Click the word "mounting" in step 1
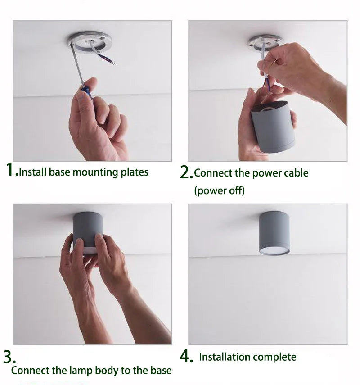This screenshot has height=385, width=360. pyautogui.click(x=95, y=172)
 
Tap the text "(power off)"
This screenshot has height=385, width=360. pyautogui.click(x=220, y=190)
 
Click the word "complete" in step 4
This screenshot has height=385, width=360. pyautogui.click(x=274, y=357)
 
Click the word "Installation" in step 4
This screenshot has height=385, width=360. pyautogui.click(x=225, y=357)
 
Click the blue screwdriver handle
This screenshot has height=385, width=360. pyautogui.click(x=86, y=91)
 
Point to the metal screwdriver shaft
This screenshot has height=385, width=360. pyautogui.click(x=77, y=66)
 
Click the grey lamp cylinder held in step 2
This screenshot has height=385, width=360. pyautogui.click(x=273, y=127)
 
